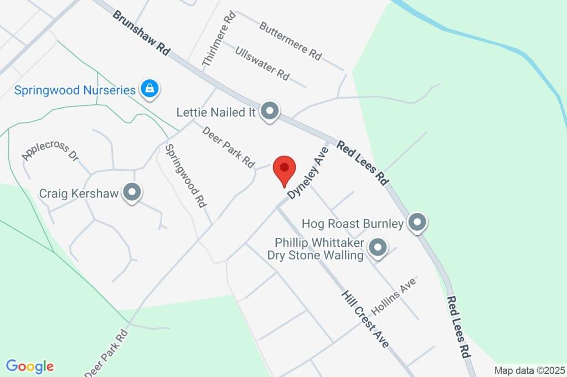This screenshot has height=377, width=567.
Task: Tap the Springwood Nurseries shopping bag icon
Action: (150, 89)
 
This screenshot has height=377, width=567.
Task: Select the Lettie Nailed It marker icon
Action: (270, 111)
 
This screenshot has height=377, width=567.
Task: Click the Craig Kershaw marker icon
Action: (132, 193)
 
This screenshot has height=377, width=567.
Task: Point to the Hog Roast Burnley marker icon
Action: (417, 223)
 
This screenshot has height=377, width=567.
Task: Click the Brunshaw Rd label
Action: (141, 32)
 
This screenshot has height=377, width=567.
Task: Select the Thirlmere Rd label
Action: (219, 39)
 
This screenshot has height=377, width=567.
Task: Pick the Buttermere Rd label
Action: (290, 40)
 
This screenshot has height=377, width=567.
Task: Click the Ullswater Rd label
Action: (262, 63)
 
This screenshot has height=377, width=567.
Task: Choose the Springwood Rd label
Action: (186, 175)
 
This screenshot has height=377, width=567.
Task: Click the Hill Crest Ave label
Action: (365, 319)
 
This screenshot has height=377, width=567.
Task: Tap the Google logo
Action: (30, 366)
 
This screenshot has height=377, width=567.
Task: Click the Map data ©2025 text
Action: (529, 370)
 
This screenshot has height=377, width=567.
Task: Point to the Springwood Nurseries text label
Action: (75, 90)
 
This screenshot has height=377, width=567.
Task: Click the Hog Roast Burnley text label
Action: (353, 224)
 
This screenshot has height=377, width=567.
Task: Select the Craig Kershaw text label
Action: (79, 193)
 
